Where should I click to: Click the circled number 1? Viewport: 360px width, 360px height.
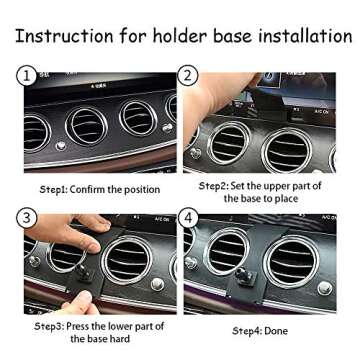pyautogui.click(x=26, y=76)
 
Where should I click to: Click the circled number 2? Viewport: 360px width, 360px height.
pyautogui.click(x=187, y=76)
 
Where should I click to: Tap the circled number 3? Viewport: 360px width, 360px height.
pyautogui.click(x=26, y=218)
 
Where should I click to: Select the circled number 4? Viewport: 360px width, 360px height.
pyautogui.click(x=187, y=218)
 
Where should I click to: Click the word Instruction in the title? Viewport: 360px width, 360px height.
pyautogui.click(x=65, y=36)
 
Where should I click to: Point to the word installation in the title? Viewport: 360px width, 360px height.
pyautogui.click(x=298, y=36)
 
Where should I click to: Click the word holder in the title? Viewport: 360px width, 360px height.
pyautogui.click(x=173, y=36)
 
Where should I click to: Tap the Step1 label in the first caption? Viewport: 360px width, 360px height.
pyautogui.click(x=55, y=190)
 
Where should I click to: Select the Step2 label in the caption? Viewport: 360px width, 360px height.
pyautogui.click(x=213, y=186)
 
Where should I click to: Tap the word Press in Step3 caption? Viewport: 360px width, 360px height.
pyautogui.click(x=79, y=326)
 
